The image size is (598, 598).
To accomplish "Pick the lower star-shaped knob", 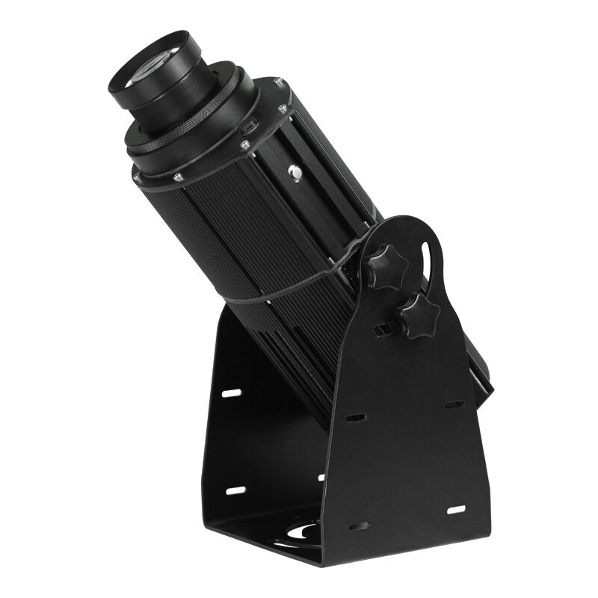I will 416,315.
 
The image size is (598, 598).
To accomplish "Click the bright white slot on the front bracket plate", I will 455,509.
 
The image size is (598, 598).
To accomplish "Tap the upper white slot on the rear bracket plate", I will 232,392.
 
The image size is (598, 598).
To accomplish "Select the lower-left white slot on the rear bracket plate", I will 235,490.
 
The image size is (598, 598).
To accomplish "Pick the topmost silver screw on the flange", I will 277,81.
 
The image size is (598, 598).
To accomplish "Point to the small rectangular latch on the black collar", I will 250,124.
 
